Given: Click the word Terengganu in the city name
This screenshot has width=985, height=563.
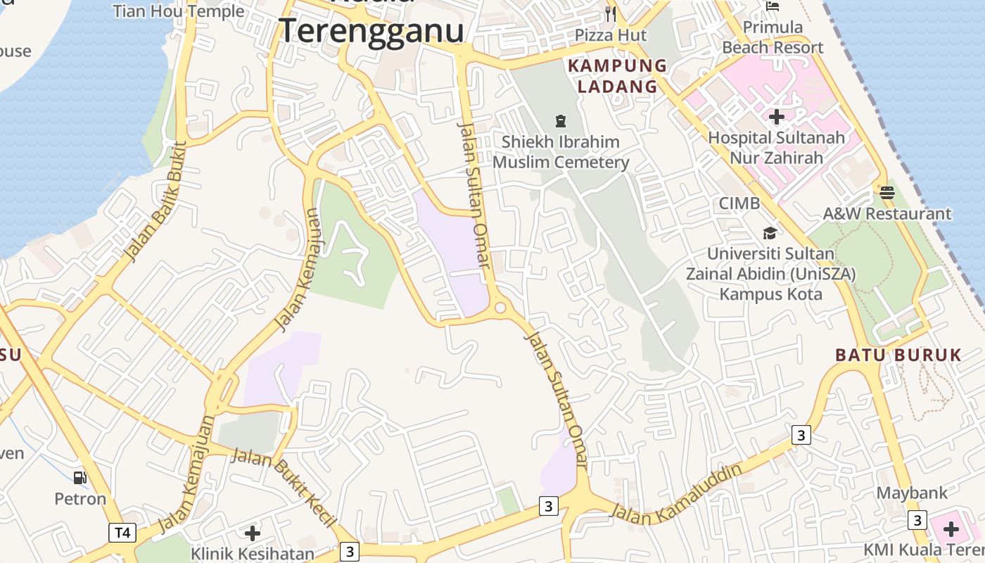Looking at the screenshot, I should click(371, 31).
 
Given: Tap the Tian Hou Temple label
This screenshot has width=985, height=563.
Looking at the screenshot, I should click(179, 11).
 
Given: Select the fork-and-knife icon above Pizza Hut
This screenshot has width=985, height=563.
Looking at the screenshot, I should click(611, 13).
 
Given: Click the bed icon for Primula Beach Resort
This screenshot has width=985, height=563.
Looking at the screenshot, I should click(773, 6).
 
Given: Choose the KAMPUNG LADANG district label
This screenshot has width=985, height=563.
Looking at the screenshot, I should click(617, 76).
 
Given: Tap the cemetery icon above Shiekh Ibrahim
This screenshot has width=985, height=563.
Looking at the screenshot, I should click(561, 121).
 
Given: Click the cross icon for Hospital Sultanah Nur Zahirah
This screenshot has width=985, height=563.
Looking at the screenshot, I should click(777, 117).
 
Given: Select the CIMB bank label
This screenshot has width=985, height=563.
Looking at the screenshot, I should click(739, 203).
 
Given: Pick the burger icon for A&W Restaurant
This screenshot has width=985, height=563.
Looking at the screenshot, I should click(887, 192).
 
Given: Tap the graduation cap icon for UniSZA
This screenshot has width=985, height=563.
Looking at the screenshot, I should click(770, 233).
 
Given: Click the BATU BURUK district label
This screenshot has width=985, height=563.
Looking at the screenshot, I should click(898, 355).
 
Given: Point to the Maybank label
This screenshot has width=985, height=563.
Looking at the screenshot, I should click(912, 493).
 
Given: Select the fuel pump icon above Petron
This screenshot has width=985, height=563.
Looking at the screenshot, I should click(80, 478).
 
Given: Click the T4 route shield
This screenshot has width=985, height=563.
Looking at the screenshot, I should click(122, 532).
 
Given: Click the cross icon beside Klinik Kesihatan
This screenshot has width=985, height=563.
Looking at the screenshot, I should click(252, 533).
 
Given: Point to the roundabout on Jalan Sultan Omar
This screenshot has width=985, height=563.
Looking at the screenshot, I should click(500, 308).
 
